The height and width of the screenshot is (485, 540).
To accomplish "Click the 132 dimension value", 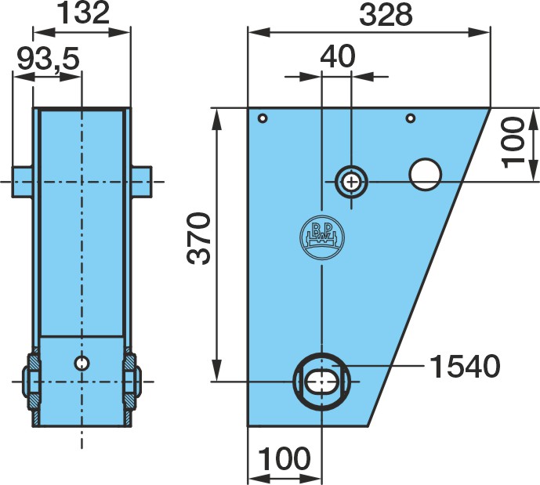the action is tap(82, 13).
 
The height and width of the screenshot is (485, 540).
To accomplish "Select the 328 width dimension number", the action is tap(386, 15).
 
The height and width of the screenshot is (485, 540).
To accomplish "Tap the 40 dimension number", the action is tap(337, 56).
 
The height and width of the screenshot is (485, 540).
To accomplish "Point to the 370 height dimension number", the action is tap(198, 238).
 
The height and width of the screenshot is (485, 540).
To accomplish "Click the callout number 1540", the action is tap(465, 366).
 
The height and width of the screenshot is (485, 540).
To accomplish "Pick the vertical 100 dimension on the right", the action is tap(513, 143).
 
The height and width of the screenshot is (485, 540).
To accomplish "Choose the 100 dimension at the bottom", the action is tap(284, 458).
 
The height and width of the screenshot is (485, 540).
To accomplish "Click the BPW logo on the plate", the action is tap(322, 237).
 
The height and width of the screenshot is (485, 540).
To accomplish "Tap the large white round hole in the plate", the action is tap(426, 174).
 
